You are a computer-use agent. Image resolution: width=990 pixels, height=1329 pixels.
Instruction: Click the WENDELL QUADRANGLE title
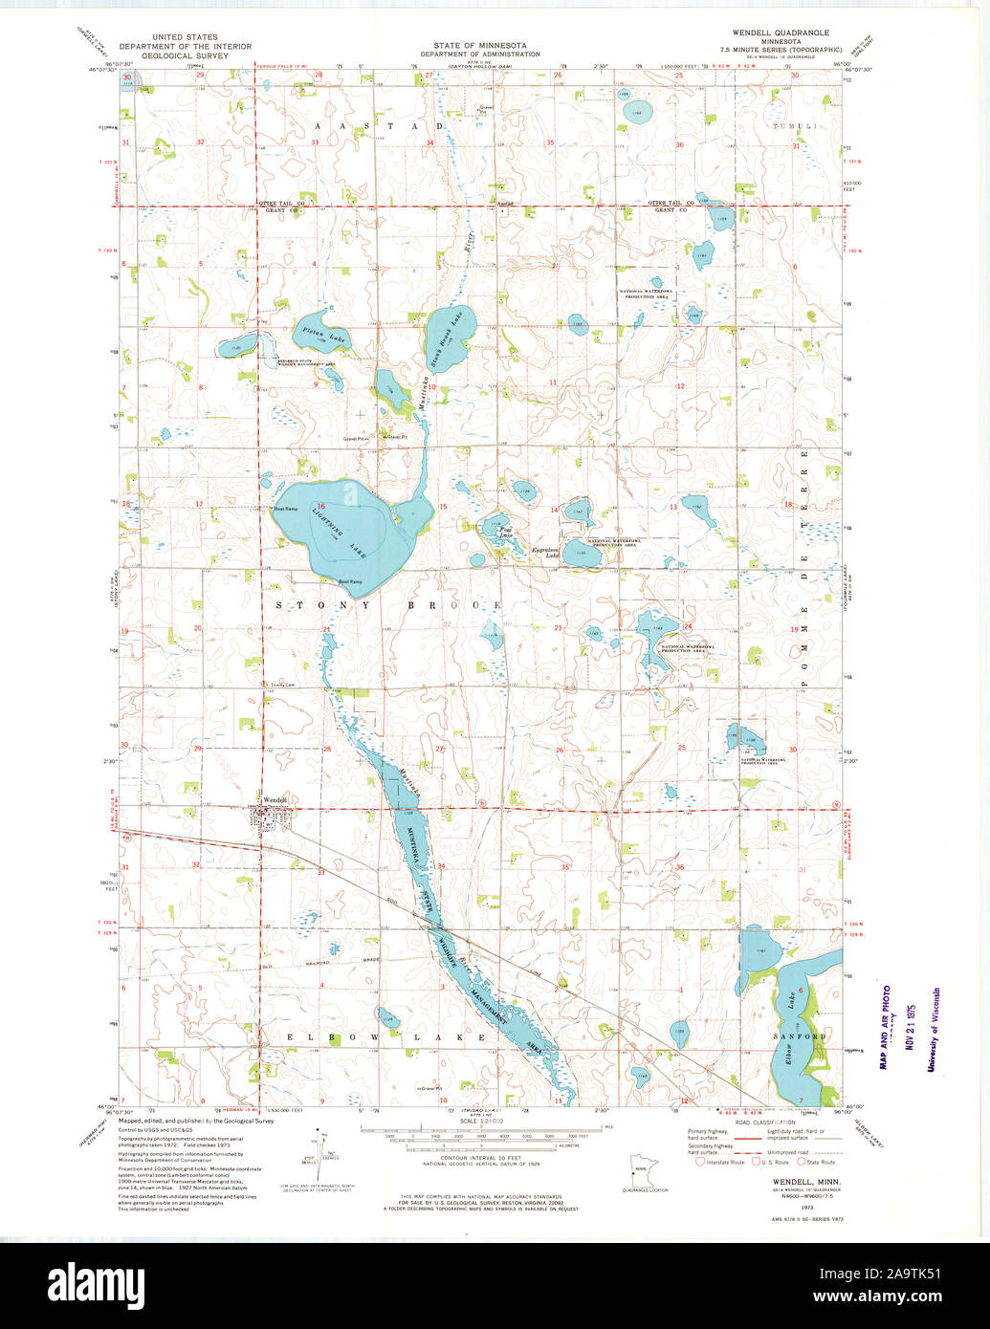[781, 33]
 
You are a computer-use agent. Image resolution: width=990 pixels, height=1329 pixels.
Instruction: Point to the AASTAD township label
[379, 126]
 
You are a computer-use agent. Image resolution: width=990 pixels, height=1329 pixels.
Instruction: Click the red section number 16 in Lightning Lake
[322, 507]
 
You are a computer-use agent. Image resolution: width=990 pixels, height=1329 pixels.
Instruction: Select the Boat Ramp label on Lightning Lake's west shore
[284, 509]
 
